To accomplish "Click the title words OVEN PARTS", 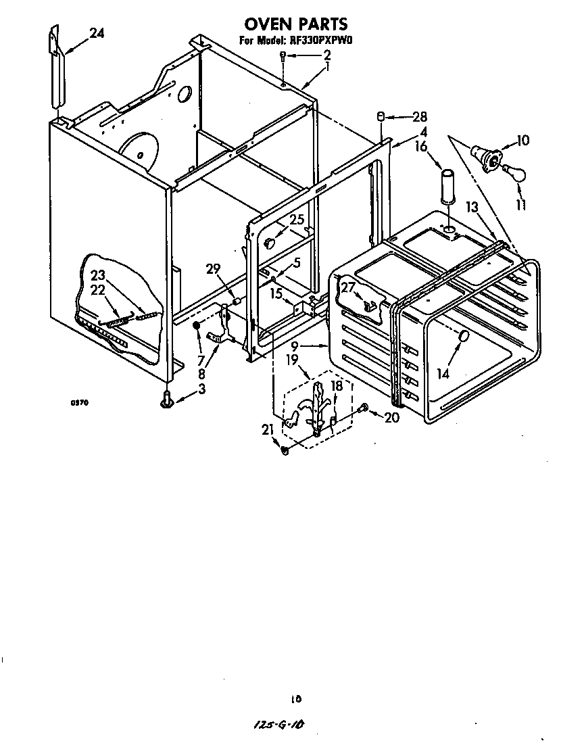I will pos(295,25).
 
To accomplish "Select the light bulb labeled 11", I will pos(515,174).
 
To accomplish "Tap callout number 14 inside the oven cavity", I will pos(443,373).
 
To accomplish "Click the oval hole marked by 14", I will pos(464,336).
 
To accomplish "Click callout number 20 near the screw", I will pos(391,418).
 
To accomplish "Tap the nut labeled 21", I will pos(285,450).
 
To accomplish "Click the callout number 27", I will pos(347,287).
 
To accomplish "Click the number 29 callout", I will pos(214,269).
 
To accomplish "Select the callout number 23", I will pos(99,275).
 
